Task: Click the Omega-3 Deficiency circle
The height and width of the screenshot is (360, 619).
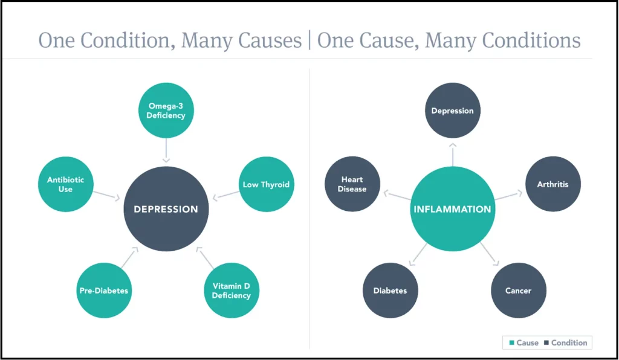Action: click(x=166, y=111)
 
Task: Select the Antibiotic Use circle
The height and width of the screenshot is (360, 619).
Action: click(x=65, y=184)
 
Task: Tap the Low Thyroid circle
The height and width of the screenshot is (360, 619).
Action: click(x=267, y=184)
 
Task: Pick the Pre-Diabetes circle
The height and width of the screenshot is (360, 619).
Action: click(x=104, y=291)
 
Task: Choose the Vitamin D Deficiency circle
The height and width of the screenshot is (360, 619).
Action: click(x=232, y=291)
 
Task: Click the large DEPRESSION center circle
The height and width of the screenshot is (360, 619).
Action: click(x=166, y=209)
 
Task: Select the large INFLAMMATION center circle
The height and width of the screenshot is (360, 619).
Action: click(x=452, y=209)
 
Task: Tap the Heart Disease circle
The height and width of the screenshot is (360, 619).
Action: click(x=352, y=184)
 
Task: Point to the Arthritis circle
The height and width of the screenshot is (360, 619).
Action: click(x=553, y=184)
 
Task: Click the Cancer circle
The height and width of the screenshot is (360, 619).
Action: click(x=518, y=291)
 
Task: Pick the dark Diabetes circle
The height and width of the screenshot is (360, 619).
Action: click(x=390, y=291)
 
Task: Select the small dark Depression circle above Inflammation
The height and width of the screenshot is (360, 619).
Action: click(x=452, y=111)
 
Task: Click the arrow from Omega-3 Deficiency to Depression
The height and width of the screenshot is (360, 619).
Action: click(x=166, y=150)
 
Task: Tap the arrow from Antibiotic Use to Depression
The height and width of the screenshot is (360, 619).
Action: click(x=106, y=196)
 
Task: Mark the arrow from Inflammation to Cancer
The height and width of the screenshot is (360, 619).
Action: click(x=490, y=254)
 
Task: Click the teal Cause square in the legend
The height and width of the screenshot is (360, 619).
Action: click(x=511, y=342)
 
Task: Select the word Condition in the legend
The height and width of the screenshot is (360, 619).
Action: click(x=569, y=342)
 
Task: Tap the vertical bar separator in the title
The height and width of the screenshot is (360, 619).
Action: click(x=309, y=40)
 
